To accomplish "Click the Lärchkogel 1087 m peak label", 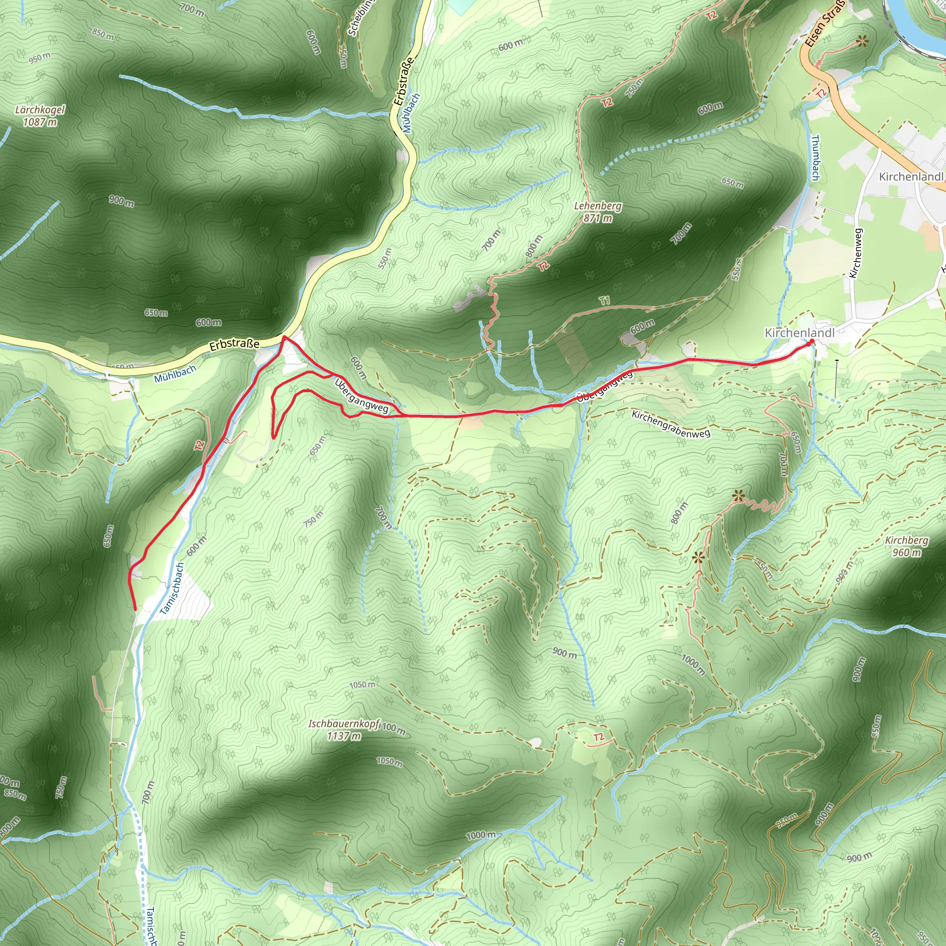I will [40, 115].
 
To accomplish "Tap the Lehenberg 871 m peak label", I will [597, 212].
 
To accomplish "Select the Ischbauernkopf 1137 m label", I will [344, 729].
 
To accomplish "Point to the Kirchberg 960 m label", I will [906, 546].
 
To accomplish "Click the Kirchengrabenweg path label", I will [670, 424].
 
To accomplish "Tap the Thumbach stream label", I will [815, 158].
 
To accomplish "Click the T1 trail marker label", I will [605, 301].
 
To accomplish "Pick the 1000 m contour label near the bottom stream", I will [480, 835].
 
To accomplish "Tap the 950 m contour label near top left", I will [39, 58].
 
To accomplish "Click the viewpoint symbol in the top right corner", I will [862, 42].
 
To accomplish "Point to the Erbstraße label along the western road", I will [234, 345].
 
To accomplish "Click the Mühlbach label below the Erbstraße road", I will [175, 374].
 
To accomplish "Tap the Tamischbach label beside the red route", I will [172, 588].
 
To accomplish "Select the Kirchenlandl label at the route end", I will [799, 333].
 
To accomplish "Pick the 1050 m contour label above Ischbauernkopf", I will [362, 685].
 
